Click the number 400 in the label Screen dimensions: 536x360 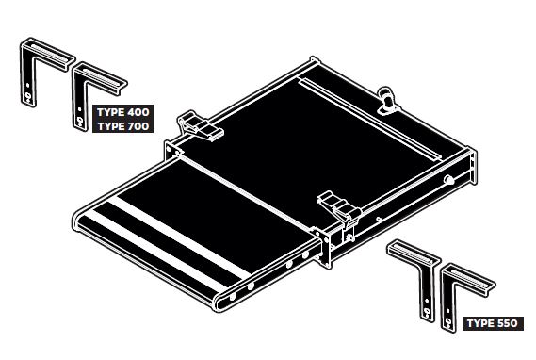[138, 112]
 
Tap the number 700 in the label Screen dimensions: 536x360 [138, 126]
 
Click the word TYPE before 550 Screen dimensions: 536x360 [479, 323]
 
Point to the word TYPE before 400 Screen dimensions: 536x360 [111, 112]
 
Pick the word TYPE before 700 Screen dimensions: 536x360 [111, 126]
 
